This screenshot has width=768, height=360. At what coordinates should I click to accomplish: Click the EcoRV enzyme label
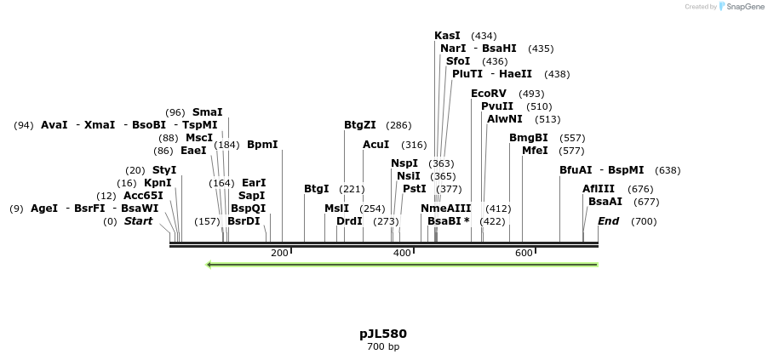point(489,93)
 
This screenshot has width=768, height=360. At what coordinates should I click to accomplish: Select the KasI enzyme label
point(447,36)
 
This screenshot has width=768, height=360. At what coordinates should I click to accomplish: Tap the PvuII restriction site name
point(497,106)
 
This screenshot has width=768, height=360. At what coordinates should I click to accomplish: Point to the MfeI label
point(535,151)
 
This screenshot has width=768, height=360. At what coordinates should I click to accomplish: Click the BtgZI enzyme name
point(360,125)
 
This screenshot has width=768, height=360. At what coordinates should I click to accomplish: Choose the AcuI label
point(375,145)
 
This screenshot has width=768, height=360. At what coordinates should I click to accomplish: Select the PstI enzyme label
point(415,189)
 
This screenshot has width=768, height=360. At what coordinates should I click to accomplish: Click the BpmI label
point(262,145)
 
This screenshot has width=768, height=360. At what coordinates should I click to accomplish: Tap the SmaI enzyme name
point(207,112)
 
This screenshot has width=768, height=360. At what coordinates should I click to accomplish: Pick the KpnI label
point(158,183)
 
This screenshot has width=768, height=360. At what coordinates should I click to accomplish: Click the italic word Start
point(139,221)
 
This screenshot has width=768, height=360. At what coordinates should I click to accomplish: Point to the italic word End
point(608,221)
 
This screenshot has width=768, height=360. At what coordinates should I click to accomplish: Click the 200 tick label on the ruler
point(279,253)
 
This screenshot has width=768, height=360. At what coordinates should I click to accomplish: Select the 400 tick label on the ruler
point(401,253)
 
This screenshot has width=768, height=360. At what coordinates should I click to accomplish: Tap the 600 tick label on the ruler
point(524,253)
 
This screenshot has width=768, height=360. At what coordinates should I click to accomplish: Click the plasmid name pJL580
point(383,334)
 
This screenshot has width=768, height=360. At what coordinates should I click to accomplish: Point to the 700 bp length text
point(383,346)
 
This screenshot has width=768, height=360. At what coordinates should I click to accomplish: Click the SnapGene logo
point(740,7)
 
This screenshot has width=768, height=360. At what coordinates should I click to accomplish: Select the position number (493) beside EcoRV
point(531,94)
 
